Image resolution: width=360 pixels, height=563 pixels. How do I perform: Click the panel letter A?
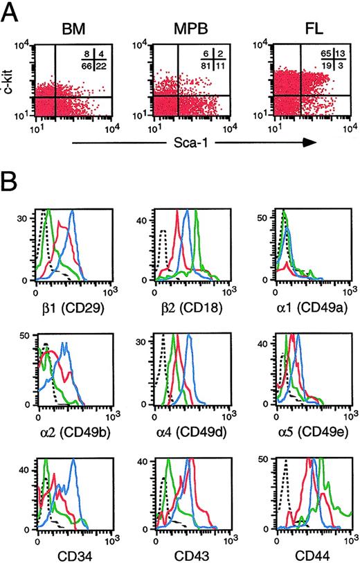(x=12, y=12)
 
